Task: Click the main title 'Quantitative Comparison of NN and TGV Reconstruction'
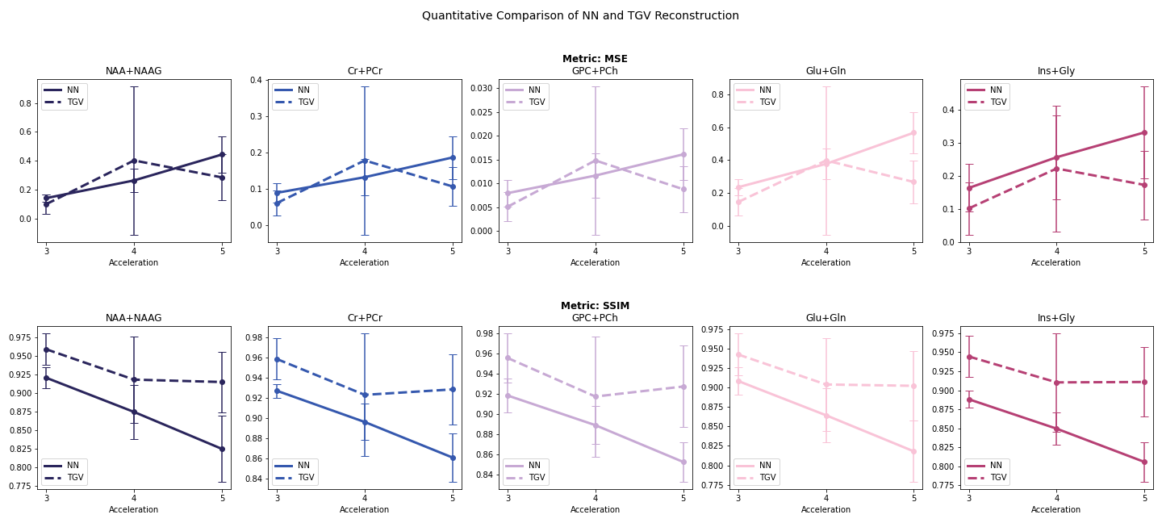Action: [x=580, y=15]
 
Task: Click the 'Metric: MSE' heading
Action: [x=595, y=59]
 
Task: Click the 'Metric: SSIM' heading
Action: [x=595, y=306]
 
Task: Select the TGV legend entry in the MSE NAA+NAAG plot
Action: [x=65, y=102]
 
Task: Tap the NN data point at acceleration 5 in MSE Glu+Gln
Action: [x=913, y=133]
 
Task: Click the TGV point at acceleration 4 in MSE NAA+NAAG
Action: [x=134, y=161]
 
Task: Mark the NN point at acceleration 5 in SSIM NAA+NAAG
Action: [x=222, y=449]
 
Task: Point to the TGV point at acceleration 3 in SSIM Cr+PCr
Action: [x=277, y=359]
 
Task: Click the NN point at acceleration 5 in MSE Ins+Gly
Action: [x=1144, y=133]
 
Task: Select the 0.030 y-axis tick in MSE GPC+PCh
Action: [x=482, y=88]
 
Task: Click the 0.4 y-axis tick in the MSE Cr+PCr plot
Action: [x=257, y=80]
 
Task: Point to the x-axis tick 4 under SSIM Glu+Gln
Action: [x=826, y=498]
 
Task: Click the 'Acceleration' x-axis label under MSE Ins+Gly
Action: [x=1055, y=262]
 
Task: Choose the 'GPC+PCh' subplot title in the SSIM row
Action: [x=595, y=318]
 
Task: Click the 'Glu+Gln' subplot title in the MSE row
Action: [x=826, y=71]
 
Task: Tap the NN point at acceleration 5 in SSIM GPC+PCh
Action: [x=683, y=462]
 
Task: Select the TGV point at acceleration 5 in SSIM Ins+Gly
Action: [x=1144, y=382]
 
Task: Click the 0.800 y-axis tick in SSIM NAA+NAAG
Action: [x=20, y=467]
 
